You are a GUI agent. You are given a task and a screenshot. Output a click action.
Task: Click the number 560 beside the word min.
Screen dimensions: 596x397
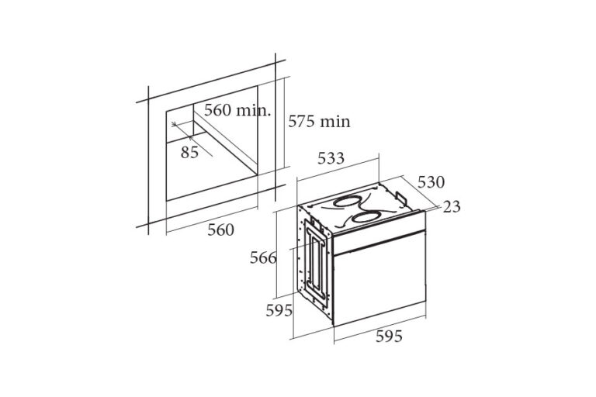[x=217, y=110]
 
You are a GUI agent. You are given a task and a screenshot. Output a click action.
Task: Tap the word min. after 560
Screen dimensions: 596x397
[x=254, y=110]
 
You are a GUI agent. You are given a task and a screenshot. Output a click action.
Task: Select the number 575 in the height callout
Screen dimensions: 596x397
[x=301, y=121]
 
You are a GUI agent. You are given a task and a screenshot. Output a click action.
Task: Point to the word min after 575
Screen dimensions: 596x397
[x=335, y=122]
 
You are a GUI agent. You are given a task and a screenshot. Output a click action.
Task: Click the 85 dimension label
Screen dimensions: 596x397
[x=189, y=152]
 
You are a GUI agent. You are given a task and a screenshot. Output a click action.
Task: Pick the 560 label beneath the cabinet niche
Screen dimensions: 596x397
[x=221, y=230]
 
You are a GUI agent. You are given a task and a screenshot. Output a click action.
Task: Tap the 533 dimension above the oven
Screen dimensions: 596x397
[x=331, y=158]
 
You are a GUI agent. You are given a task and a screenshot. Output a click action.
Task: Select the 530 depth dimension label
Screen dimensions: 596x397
[x=431, y=182]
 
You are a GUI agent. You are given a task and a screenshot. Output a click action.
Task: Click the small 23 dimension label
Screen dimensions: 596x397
[x=452, y=207]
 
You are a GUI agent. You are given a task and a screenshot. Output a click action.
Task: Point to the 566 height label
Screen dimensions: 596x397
[x=263, y=258]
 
